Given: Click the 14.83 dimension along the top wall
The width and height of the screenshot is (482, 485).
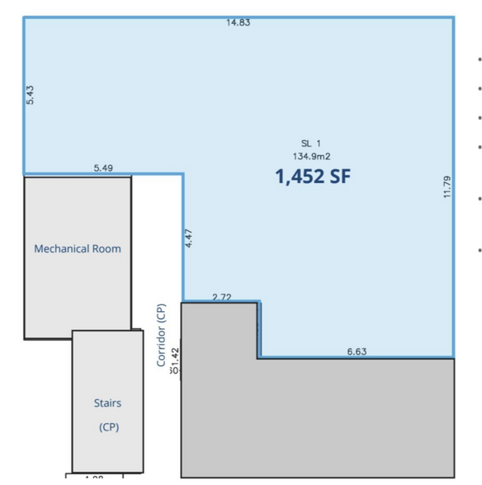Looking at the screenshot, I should point(239,22).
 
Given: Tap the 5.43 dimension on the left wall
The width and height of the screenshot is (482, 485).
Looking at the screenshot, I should point(31,94).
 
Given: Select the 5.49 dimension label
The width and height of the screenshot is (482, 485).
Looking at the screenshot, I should point(104,167).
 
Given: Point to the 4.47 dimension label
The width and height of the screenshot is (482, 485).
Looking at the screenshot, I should point(189,238).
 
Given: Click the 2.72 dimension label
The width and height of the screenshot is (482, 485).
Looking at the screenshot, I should point(222,296).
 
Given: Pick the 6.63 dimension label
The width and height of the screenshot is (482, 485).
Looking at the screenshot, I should point(357,351).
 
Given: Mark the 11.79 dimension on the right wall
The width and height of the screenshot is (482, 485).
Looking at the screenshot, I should point(447,186).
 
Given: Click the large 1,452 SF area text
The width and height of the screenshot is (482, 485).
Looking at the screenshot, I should point(313,176).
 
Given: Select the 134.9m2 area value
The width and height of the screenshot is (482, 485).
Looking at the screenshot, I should point(312,155).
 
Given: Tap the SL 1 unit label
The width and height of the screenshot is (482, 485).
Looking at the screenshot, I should point(310,143).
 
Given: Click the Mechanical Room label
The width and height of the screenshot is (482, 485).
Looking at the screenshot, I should point(78,248).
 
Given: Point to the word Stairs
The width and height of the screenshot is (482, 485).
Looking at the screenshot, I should point(107,403).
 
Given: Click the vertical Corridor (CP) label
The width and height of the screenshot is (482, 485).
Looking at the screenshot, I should point(162,335).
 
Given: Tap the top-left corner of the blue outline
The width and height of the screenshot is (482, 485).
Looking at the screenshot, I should point(24,18).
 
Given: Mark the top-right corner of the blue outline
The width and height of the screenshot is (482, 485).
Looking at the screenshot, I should point(453,18).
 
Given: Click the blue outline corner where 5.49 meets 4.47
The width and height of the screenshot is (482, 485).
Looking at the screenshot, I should point(182,174).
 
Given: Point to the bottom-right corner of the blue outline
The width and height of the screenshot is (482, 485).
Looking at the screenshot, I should point(453,358).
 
